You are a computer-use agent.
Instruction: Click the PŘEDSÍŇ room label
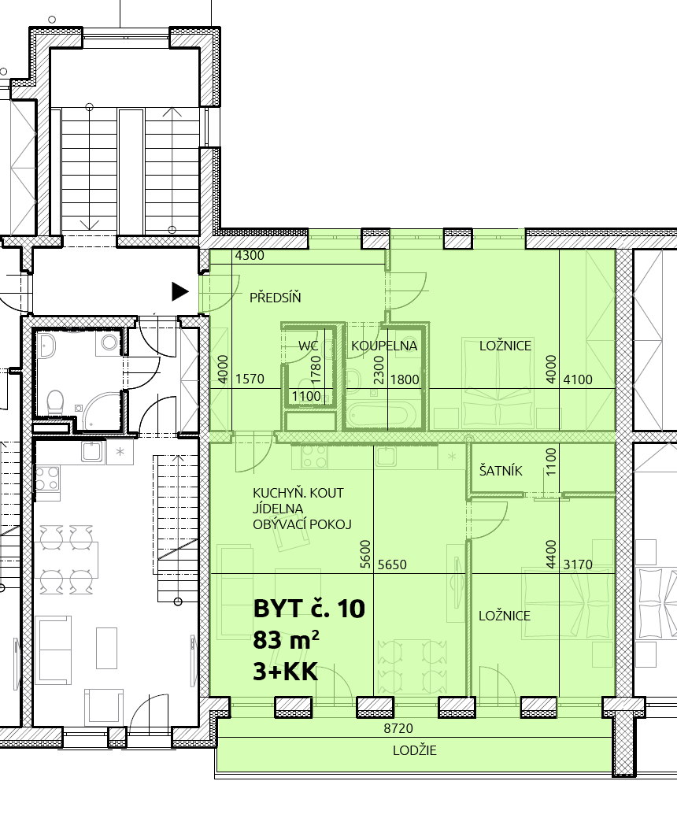[x=275, y=298]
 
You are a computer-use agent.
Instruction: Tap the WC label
[x=309, y=346]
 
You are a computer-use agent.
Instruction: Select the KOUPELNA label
[x=384, y=346]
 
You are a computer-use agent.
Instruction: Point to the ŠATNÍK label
[x=501, y=471]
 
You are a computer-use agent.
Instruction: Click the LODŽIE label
[x=415, y=750]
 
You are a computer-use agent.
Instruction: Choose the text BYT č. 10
[x=309, y=609]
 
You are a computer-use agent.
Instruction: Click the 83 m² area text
[x=286, y=639]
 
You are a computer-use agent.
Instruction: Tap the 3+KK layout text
[x=285, y=672]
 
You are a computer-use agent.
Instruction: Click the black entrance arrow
[x=180, y=291]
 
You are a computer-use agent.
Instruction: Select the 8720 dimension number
[x=398, y=728]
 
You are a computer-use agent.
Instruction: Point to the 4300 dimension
[x=250, y=256]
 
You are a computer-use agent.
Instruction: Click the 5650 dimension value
[x=392, y=564]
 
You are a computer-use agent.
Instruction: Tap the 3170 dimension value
[x=578, y=564]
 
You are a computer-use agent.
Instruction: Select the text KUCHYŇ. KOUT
[x=298, y=493]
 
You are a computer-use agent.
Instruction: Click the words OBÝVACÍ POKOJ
[x=302, y=524]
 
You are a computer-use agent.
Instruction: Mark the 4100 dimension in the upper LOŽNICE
[x=578, y=379]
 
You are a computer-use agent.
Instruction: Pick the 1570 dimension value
[x=250, y=379]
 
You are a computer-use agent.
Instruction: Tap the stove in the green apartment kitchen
[x=315, y=457]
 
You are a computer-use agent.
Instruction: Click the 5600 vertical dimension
[x=365, y=554]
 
